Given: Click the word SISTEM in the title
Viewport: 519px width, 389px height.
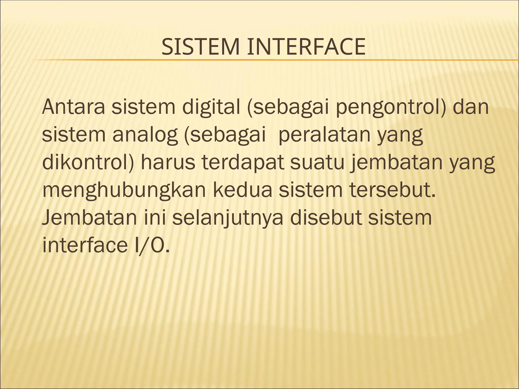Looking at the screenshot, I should (200, 47).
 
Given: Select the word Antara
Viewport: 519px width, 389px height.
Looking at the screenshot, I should (73, 107).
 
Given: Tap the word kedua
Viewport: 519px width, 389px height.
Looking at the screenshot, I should (244, 190).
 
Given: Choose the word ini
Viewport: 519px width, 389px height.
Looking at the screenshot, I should (155, 218).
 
